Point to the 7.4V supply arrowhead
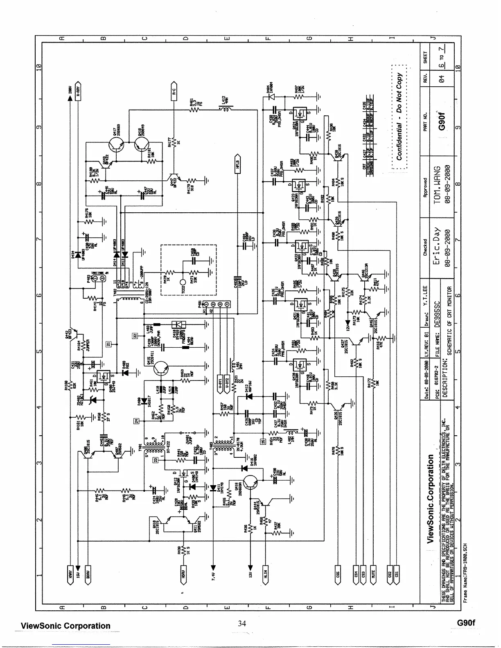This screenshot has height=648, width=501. click(x=213, y=567)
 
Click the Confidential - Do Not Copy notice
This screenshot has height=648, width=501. click(x=399, y=116)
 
